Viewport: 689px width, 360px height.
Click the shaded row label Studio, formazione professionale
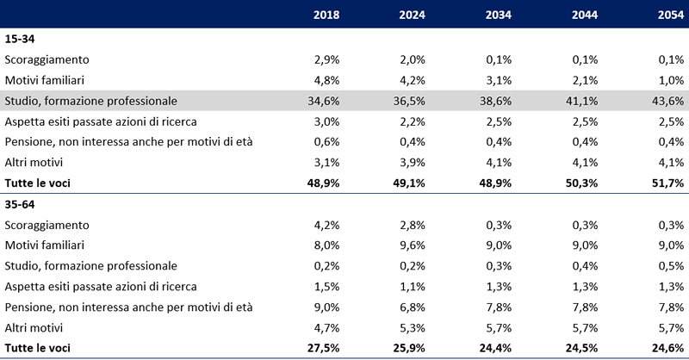tap(90, 101)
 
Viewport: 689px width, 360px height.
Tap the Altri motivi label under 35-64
tap(34, 327)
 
